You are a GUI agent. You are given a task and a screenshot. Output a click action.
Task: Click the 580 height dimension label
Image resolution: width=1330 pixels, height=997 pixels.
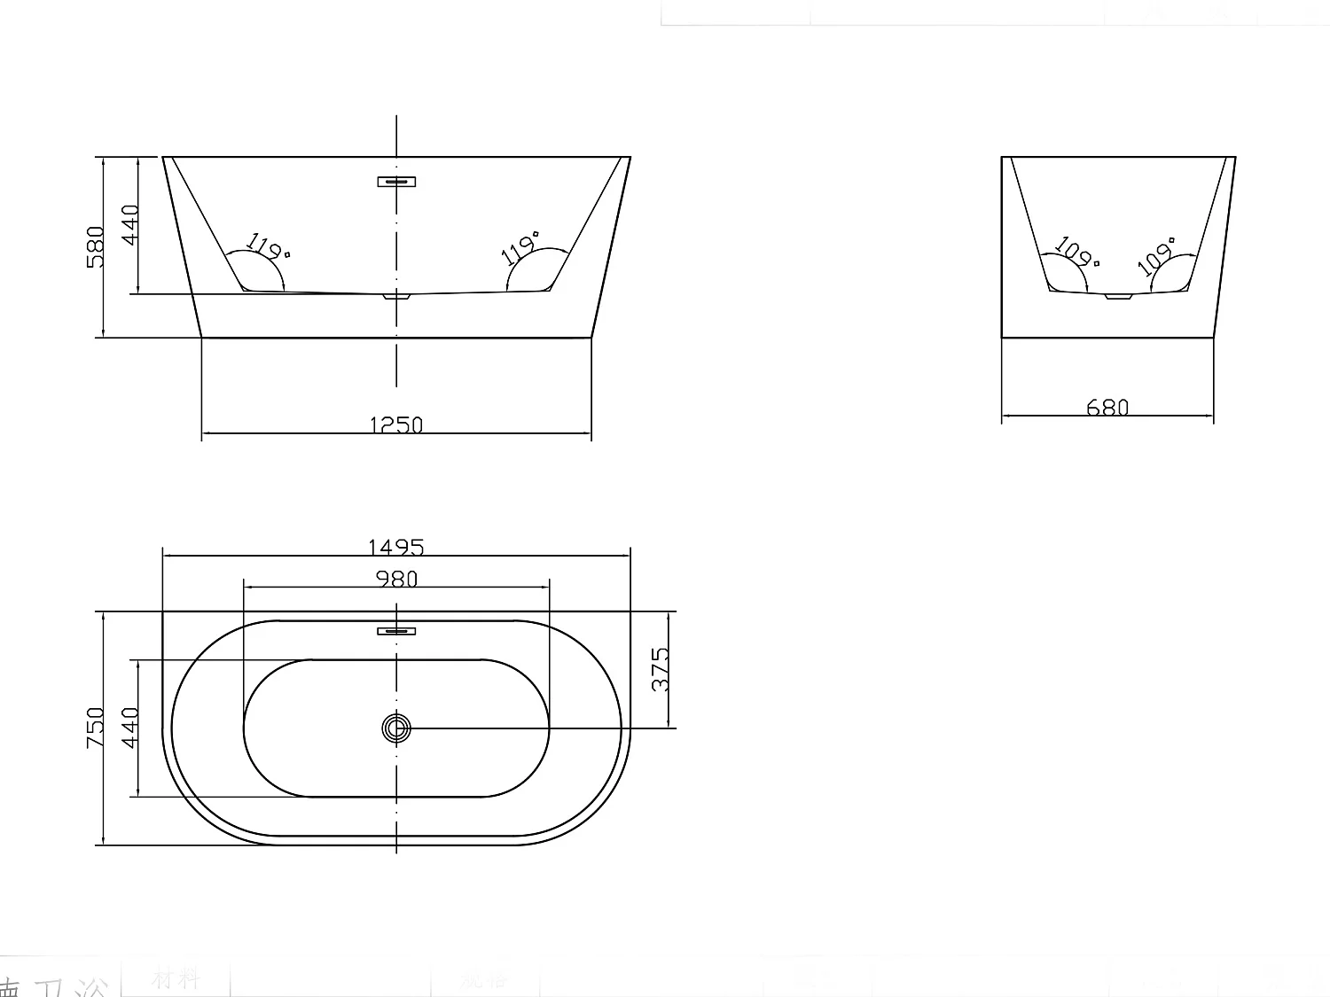[96, 246]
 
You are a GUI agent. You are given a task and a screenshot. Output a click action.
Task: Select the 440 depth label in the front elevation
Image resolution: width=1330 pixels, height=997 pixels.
[130, 224]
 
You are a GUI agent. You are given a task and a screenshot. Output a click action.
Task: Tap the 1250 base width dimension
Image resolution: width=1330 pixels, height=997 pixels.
[396, 425]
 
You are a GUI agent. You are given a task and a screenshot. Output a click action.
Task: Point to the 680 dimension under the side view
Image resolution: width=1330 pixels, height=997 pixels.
[1107, 407]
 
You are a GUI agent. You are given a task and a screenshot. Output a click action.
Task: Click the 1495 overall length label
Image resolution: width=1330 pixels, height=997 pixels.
[396, 547]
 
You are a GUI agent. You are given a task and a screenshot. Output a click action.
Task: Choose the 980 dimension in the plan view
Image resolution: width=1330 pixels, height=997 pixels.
[396, 579]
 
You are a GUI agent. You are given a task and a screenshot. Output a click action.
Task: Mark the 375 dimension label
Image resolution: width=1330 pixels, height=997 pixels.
[661, 669]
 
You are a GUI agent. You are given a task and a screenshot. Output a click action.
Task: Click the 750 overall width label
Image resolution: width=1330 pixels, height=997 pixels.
[96, 727]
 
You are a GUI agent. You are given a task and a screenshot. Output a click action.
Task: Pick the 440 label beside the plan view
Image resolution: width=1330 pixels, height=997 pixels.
[130, 727]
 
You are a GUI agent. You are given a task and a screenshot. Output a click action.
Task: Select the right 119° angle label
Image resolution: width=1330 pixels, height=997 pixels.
[521, 247]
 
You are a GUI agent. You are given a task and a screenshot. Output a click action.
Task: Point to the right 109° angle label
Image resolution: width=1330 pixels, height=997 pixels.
[1157, 254]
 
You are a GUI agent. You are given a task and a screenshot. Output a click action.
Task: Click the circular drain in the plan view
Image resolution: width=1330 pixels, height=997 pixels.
[396, 728]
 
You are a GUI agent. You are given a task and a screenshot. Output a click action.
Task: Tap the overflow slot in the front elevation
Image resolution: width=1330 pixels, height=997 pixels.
[396, 182]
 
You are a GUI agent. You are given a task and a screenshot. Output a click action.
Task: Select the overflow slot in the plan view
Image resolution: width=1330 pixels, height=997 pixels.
[396, 631]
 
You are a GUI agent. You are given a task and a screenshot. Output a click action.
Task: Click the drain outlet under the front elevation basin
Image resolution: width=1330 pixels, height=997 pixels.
[396, 298]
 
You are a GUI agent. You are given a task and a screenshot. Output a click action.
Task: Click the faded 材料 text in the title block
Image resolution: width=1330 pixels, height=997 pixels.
[176, 978]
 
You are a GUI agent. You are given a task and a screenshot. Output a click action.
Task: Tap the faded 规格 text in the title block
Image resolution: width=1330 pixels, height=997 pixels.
[485, 979]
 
